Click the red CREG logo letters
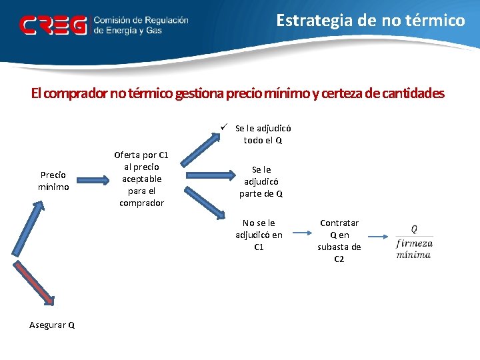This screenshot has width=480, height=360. (53, 25)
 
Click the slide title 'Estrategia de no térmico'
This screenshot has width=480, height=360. (371, 21)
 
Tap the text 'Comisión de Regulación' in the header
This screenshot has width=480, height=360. (141, 21)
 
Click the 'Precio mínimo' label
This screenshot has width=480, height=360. (53, 181)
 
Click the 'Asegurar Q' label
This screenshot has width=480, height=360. (52, 325)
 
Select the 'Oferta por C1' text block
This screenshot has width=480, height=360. (141, 179)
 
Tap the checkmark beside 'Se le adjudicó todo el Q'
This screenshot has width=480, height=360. (227, 127)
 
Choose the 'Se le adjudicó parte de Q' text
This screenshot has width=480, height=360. (261, 181)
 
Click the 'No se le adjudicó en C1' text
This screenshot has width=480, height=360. (259, 235)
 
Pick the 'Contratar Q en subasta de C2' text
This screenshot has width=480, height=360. (339, 241)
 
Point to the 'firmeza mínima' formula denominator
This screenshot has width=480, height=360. (414, 248)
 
